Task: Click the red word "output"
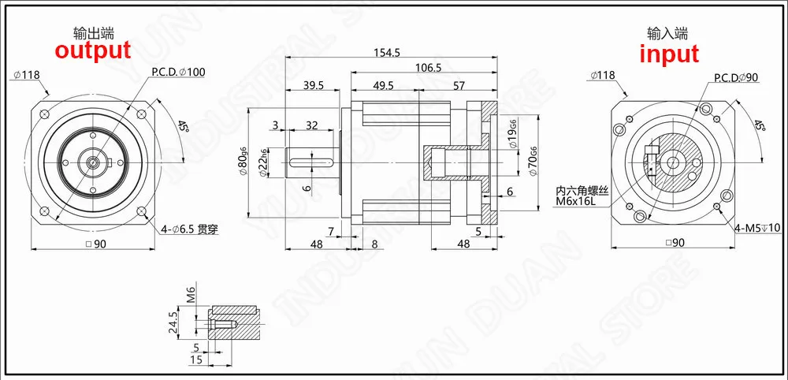93,50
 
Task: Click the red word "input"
669,54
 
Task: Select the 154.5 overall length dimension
386,52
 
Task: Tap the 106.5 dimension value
429,67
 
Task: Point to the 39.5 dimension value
313,85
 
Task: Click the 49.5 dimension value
384,85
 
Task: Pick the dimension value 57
459,85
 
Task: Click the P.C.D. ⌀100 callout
178,72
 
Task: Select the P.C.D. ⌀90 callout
736,77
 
